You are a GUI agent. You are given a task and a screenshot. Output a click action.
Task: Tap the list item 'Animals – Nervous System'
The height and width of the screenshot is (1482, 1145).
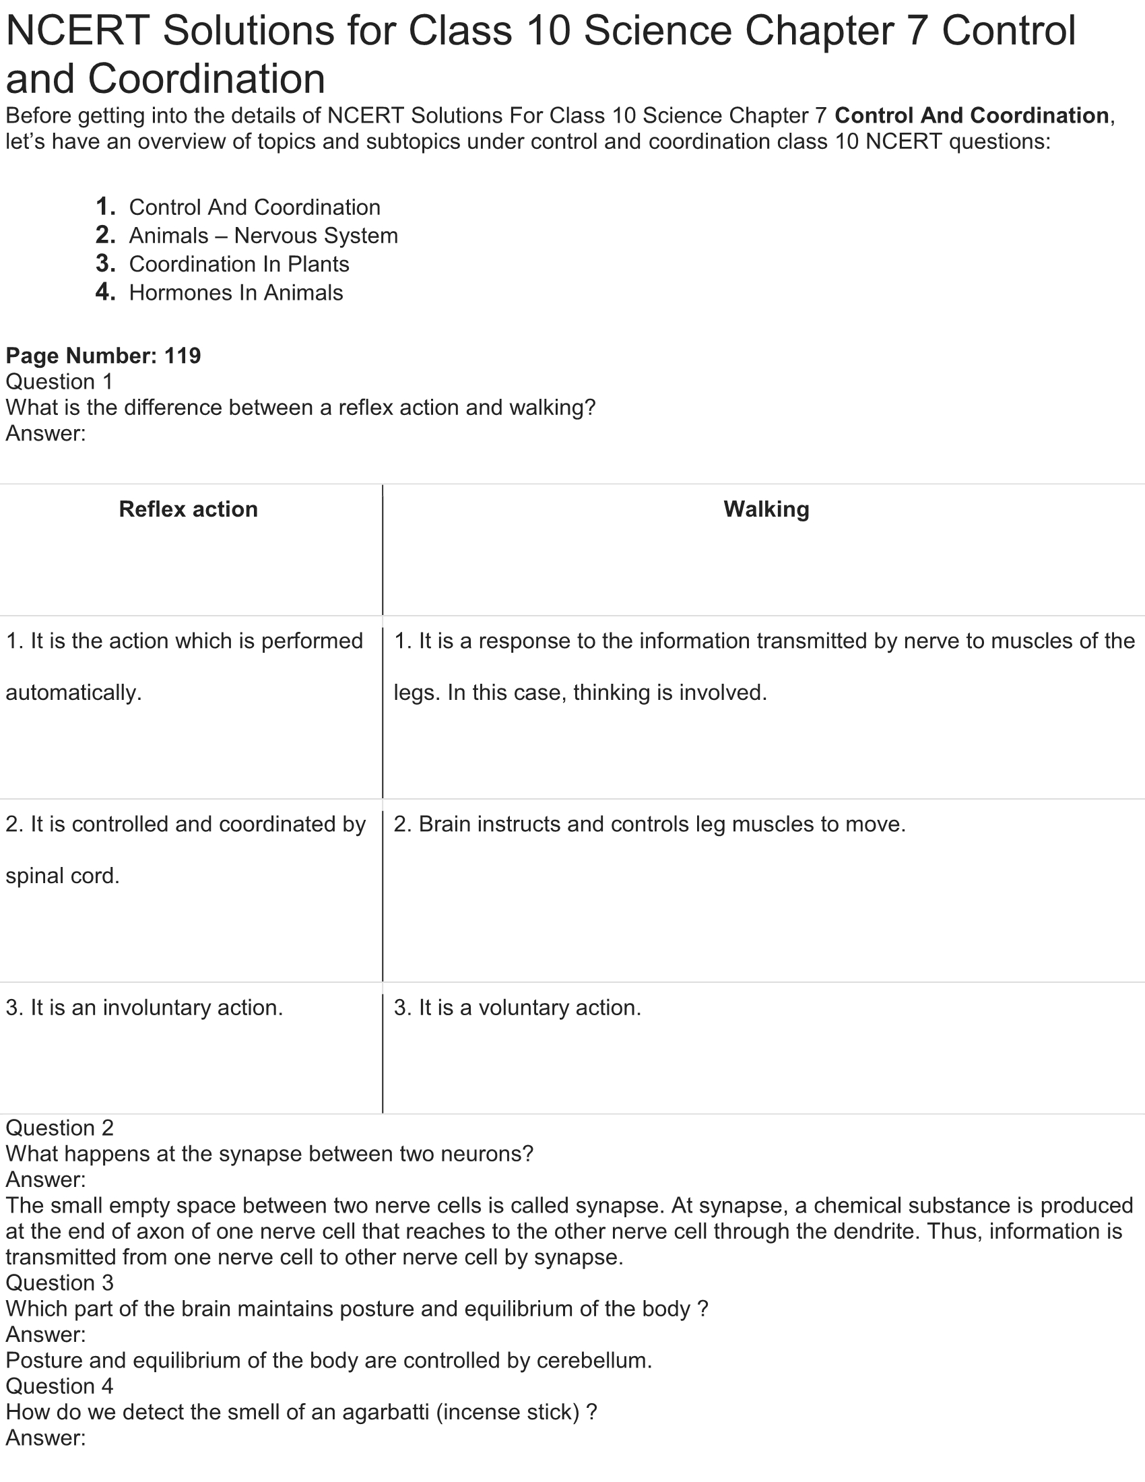263,236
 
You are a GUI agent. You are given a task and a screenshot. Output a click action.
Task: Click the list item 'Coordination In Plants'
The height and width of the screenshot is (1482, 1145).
239,264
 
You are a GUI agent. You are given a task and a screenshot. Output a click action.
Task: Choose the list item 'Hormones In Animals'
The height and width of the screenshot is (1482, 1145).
236,292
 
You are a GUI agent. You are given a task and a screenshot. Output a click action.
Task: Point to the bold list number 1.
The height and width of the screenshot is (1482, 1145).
105,206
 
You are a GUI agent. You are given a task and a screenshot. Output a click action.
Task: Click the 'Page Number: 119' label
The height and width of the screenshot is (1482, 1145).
103,356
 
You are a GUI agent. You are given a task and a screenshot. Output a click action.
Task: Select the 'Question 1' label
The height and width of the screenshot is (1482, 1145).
59,381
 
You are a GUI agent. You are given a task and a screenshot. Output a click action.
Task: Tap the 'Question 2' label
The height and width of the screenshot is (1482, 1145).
59,1128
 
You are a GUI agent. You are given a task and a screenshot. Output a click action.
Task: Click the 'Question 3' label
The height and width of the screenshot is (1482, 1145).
59,1283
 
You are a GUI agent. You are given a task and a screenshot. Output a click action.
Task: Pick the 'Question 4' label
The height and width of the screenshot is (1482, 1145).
59,1386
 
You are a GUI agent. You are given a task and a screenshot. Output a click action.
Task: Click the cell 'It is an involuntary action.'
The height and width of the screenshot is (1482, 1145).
144,1008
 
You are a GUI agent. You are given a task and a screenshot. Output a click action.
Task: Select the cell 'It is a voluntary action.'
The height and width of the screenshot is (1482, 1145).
517,1008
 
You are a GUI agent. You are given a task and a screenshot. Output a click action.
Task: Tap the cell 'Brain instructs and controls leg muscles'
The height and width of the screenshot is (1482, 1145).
649,825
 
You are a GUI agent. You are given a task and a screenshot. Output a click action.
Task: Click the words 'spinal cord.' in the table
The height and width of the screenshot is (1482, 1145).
63,876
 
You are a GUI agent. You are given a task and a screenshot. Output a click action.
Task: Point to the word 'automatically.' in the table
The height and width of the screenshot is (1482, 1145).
73,692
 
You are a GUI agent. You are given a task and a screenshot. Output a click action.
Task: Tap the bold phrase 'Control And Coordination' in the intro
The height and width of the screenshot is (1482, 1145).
971,116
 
